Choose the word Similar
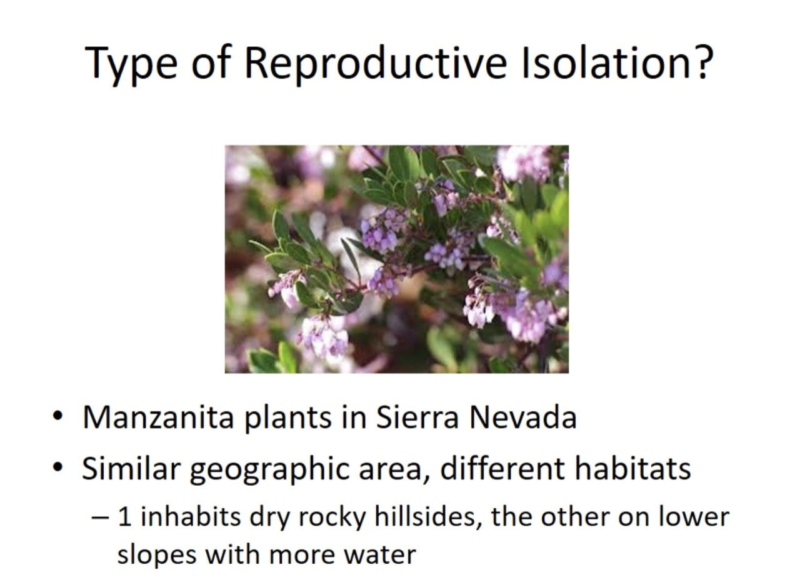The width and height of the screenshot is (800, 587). pos(132,468)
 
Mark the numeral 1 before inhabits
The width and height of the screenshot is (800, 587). pos(124,518)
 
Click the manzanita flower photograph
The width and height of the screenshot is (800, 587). pos(396,259)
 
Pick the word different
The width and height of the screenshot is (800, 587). pos(502,468)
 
